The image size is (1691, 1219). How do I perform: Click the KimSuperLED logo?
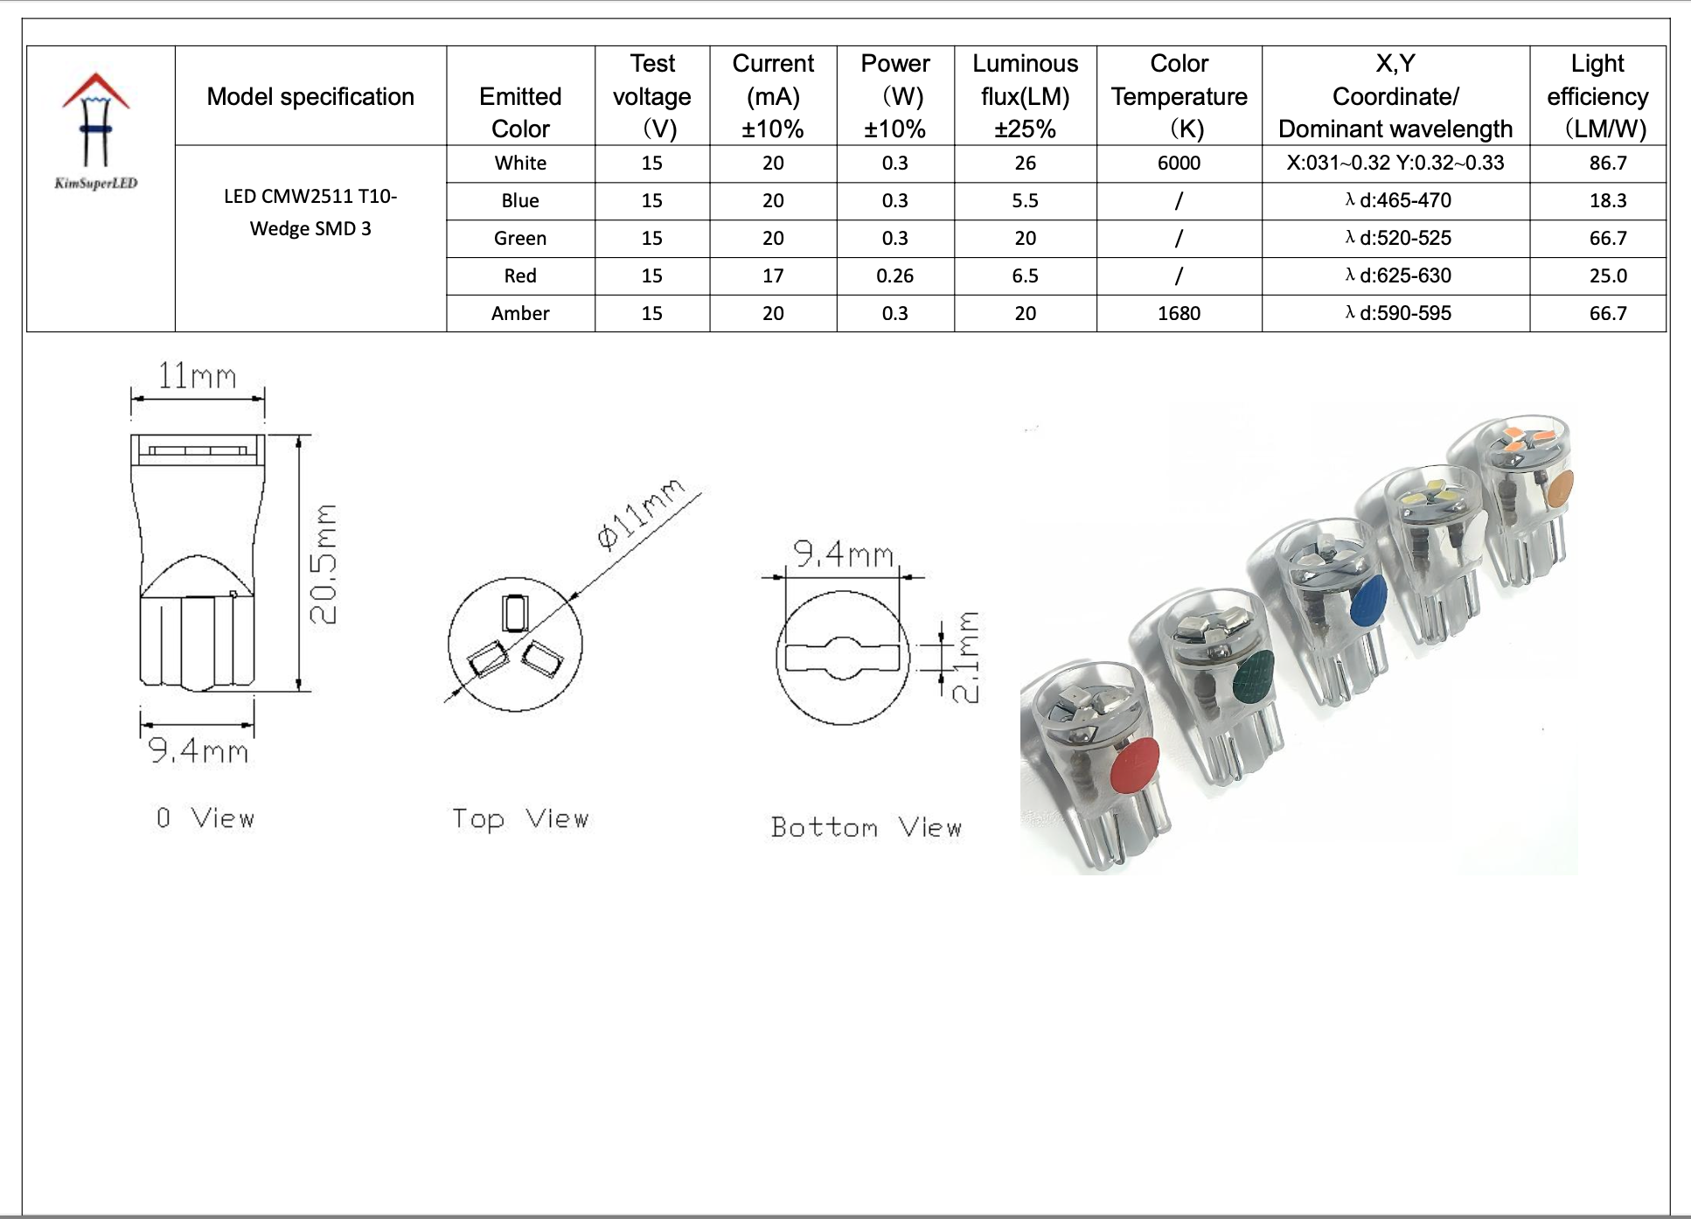click(x=96, y=131)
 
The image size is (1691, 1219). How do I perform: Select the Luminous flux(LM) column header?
click(x=1025, y=96)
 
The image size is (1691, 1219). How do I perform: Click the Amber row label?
click(x=520, y=313)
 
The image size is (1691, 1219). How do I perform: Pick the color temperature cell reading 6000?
click(x=1179, y=164)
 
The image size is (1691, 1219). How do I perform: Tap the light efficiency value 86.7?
click(x=1607, y=164)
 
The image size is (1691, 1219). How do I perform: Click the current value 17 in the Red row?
click(x=773, y=276)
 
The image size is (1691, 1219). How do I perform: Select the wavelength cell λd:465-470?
click(x=1397, y=200)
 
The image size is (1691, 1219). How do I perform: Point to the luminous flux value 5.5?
click(x=1025, y=201)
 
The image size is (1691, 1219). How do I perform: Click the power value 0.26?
click(x=894, y=276)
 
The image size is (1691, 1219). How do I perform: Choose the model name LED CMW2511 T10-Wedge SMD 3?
click(x=310, y=212)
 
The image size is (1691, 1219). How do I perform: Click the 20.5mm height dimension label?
click(x=324, y=564)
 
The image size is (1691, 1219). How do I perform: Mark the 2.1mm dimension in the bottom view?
click(x=965, y=658)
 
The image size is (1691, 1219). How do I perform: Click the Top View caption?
click(x=520, y=819)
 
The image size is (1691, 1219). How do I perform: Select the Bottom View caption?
click(x=866, y=827)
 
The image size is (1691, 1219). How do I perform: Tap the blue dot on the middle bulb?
click(x=1367, y=601)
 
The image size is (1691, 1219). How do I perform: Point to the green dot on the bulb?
click(x=1254, y=677)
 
